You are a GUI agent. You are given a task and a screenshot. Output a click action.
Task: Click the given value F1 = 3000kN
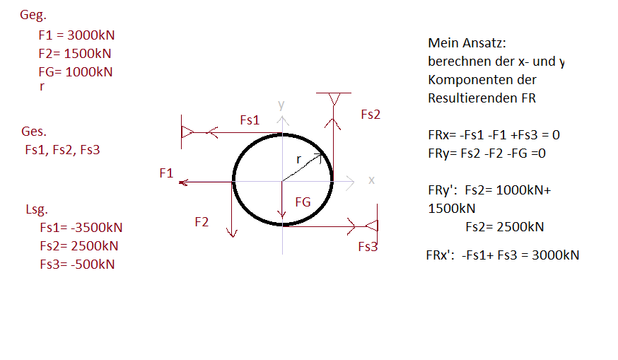point(76,35)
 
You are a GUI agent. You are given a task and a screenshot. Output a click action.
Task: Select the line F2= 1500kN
point(75,53)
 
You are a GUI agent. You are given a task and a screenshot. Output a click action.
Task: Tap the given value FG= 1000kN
point(76,71)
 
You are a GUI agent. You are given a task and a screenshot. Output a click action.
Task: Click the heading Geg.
point(33,15)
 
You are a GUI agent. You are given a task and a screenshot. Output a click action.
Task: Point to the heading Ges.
point(34,132)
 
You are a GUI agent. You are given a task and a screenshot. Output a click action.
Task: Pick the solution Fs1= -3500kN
point(81,228)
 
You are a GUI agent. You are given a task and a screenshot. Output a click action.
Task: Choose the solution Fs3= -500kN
point(77,265)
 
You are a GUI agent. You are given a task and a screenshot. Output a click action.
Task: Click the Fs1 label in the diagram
point(250,120)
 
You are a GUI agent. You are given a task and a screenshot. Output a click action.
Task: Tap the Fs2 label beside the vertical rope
point(371,115)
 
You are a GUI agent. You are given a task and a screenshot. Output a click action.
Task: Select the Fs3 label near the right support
point(368,247)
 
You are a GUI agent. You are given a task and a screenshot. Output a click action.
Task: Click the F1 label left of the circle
point(166,173)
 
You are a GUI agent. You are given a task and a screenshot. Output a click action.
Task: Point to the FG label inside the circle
point(303,202)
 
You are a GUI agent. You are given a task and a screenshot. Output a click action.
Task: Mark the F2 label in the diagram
point(202,222)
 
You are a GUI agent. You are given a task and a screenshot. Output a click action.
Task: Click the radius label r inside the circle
point(299,159)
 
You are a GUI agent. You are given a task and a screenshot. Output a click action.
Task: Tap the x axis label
point(371,180)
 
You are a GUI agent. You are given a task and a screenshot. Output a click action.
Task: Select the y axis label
point(281,105)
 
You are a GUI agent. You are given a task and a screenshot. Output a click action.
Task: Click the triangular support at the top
point(334,99)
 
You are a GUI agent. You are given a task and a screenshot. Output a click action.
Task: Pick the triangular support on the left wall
point(187,132)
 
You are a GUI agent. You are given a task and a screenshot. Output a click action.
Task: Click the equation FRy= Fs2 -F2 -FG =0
point(486,153)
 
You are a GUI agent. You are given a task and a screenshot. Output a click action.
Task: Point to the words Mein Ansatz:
point(467,43)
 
